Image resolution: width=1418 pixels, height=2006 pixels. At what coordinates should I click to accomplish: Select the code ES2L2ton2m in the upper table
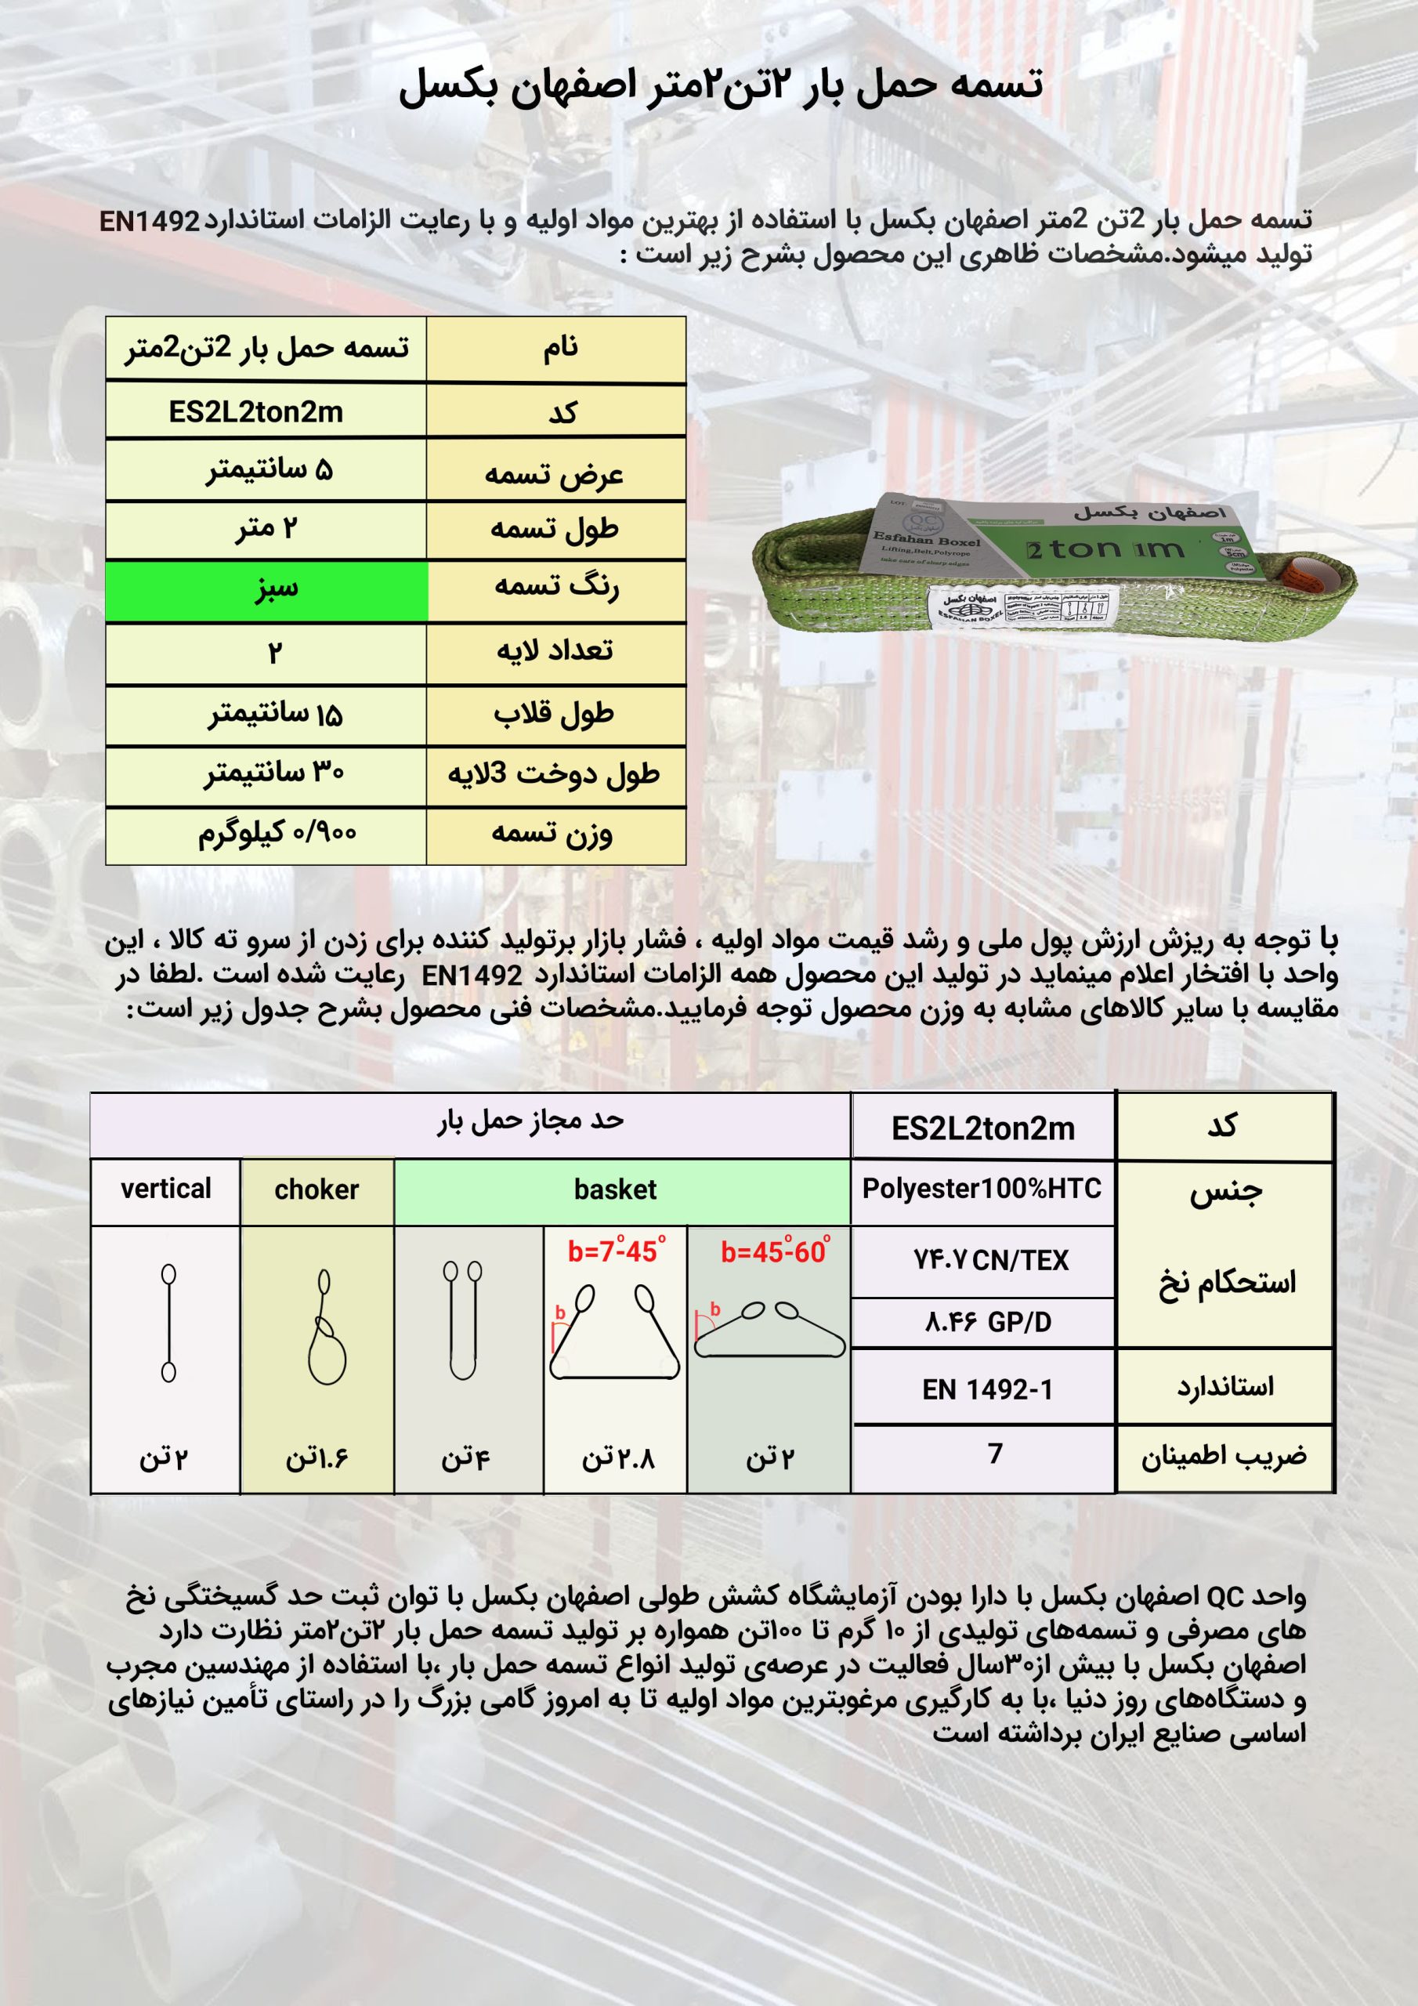point(256,411)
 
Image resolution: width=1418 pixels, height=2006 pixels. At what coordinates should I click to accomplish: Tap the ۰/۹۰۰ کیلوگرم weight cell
point(276,835)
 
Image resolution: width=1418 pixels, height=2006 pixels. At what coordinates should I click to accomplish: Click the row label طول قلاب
point(554,715)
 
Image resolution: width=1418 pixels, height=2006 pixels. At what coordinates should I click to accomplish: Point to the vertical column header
point(166,1189)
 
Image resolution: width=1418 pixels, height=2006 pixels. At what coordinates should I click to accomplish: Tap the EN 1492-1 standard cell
point(987,1389)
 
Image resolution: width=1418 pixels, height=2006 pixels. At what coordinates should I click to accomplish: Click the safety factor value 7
point(994,1453)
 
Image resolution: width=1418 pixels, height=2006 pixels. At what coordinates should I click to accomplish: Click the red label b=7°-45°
point(616,1251)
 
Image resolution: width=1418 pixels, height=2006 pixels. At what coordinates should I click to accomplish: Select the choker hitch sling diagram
point(326,1328)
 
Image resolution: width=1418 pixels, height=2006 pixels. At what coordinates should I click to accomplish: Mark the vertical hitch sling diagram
point(168,1323)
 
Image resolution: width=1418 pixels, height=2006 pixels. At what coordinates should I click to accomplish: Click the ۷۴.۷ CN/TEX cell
point(991,1260)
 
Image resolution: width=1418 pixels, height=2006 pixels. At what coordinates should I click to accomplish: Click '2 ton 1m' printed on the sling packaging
point(1105,549)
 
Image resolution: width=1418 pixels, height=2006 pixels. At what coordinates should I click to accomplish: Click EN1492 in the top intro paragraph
point(150,221)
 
